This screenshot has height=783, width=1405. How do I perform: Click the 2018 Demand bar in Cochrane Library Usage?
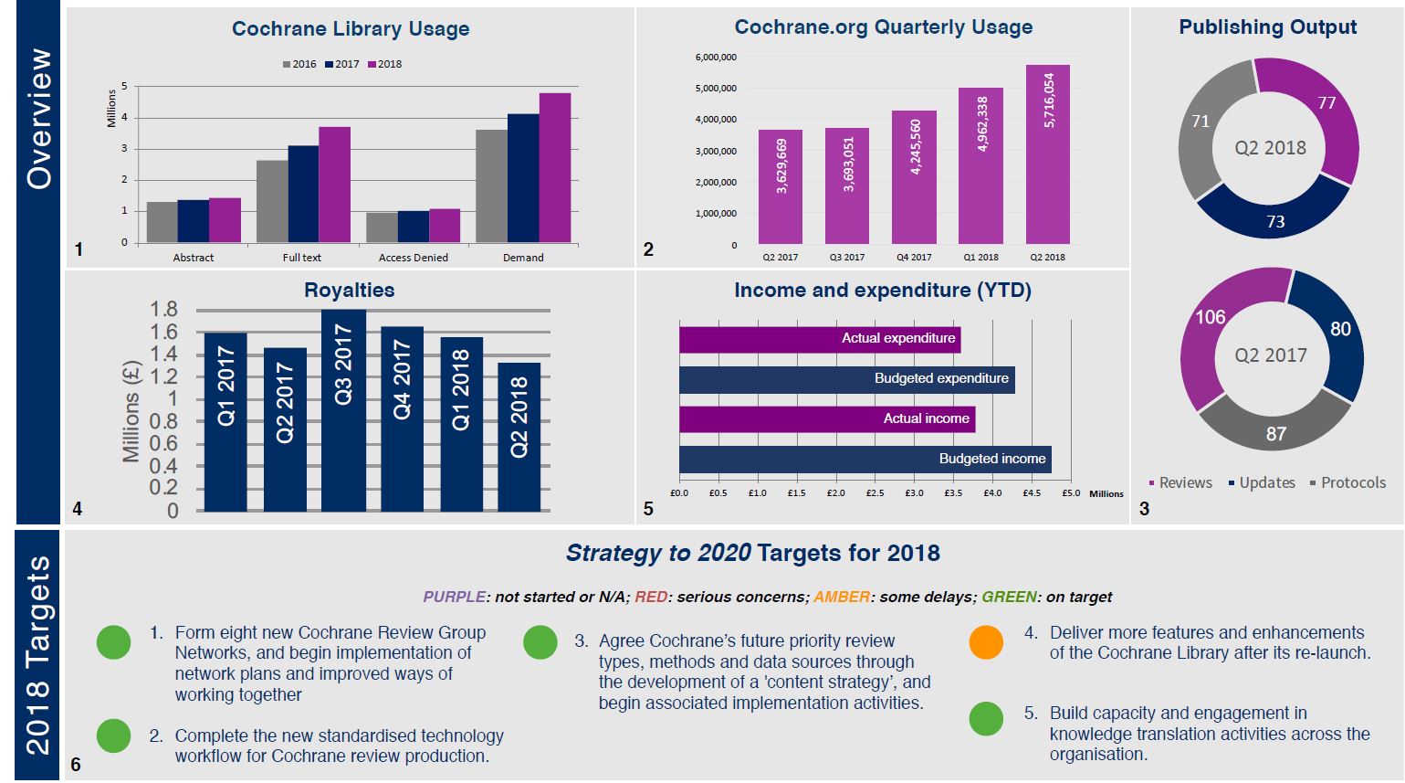click(554, 168)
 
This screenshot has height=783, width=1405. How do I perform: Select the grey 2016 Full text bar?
click(272, 202)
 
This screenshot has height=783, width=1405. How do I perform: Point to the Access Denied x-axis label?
click(413, 258)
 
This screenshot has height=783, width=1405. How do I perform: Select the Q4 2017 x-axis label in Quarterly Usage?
click(914, 258)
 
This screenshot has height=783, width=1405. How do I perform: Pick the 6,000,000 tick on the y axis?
click(716, 58)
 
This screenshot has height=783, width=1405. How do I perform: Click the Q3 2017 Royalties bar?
click(343, 410)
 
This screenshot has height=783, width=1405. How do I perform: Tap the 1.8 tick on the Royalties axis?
click(163, 310)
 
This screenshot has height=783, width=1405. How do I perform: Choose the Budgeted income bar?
click(864, 459)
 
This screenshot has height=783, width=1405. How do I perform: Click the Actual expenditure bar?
click(819, 338)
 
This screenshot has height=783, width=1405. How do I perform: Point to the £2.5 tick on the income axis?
click(875, 493)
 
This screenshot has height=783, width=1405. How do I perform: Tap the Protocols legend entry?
click(1347, 482)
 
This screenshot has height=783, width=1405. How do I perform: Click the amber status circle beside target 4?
click(986, 642)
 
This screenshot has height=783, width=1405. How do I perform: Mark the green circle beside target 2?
click(113, 735)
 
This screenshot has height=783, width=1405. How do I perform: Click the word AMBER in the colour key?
click(841, 597)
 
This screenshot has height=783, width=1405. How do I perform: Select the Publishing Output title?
click(1267, 27)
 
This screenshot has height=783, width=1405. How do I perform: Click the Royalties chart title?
click(349, 291)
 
